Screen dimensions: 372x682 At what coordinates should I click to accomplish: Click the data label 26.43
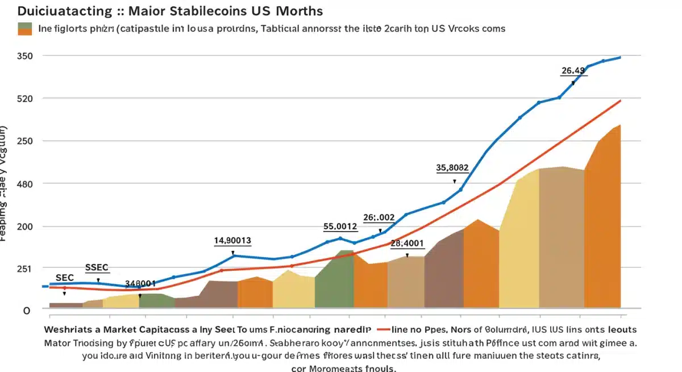pos(573,71)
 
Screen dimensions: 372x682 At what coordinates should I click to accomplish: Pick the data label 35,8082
pos(452,168)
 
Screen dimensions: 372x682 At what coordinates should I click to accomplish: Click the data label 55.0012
pos(340,226)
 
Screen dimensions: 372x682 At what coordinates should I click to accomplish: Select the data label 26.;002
pos(379,217)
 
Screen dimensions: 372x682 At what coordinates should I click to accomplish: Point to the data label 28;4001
pos(407,243)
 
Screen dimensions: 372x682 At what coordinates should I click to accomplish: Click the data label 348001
pos(140,283)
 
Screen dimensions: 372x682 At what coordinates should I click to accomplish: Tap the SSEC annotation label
pos(97,267)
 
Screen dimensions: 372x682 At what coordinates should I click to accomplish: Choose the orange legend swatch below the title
pos(25,32)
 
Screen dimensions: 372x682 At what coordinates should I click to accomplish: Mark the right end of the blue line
pos(620,57)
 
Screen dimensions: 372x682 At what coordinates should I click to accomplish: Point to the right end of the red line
pos(620,101)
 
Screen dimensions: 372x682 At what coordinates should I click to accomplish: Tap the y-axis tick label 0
pos(26,311)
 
